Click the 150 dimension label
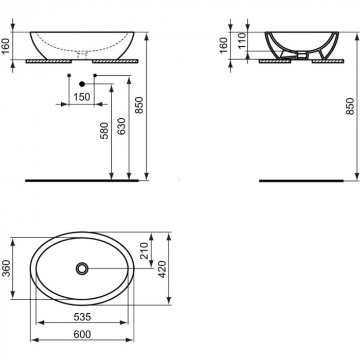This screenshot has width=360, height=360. pos(81,97)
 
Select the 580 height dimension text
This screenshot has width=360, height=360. pos(104,131)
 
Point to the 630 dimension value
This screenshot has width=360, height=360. pos(122,126)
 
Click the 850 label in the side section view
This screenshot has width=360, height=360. pos(351,105)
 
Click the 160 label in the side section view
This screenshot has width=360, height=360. pos(224,45)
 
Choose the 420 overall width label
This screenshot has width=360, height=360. pos(162,268)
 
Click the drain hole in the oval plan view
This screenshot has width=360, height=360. pos(82,268)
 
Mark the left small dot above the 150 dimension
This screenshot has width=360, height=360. pos(69,76)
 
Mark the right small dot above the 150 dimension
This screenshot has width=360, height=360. pos(95,76)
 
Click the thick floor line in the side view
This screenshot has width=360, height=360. pos(301,181)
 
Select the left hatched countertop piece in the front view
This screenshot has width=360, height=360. pos(48,60)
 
